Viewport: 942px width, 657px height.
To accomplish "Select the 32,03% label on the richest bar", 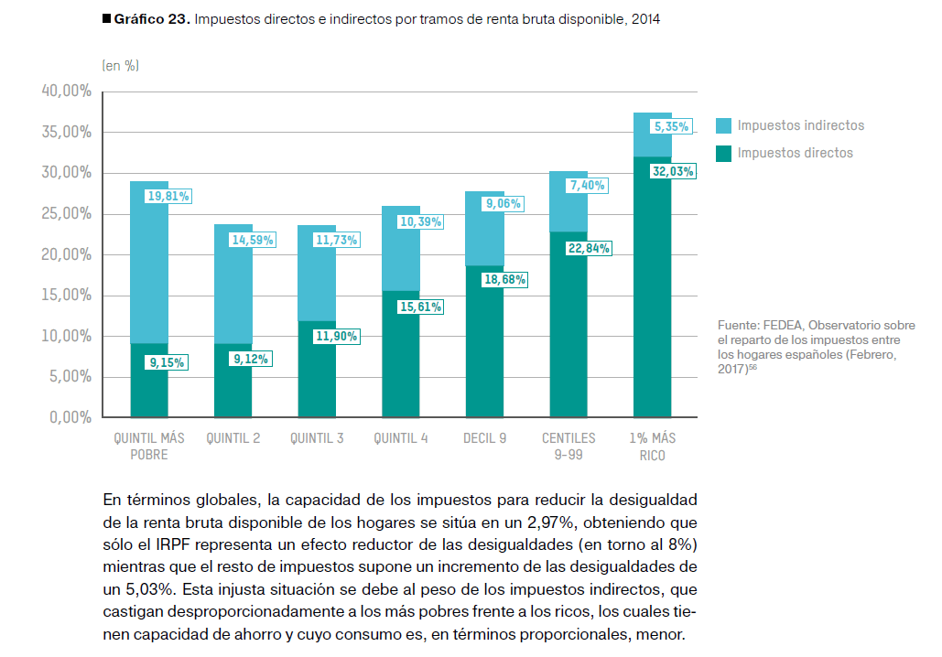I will click(x=673, y=171).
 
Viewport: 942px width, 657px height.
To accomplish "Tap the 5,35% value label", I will click(x=671, y=127).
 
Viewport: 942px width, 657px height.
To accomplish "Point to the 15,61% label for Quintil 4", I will click(x=420, y=307).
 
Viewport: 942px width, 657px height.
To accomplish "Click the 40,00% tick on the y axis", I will click(x=66, y=92).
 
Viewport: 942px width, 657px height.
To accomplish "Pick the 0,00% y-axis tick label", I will click(x=69, y=417).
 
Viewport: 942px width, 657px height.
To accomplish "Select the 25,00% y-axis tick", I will click(x=66, y=213).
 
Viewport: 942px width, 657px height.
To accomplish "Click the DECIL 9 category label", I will click(x=484, y=438).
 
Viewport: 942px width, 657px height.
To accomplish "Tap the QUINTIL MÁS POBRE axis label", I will click(x=148, y=447).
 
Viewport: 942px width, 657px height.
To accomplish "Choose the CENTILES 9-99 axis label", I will click(x=568, y=447).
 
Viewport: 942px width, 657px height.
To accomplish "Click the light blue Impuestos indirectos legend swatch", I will click(x=723, y=126).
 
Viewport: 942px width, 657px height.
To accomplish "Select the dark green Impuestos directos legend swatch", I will click(x=723, y=153).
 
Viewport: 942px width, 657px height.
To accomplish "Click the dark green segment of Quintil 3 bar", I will click(x=317, y=384).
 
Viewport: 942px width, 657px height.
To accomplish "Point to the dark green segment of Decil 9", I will click(x=484, y=357).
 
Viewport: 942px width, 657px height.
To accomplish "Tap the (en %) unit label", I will click(x=120, y=65).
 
